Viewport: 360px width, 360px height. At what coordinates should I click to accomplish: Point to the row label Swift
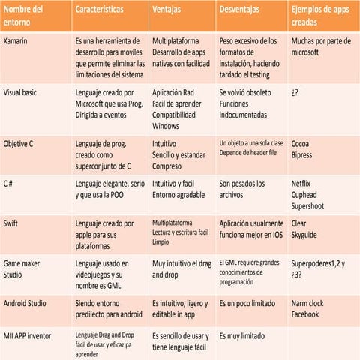[13, 223]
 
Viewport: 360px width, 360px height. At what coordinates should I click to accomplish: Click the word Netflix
[303, 183]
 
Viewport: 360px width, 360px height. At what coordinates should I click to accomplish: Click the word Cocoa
[301, 142]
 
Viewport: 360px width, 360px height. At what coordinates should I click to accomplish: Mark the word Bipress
[304, 154]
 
